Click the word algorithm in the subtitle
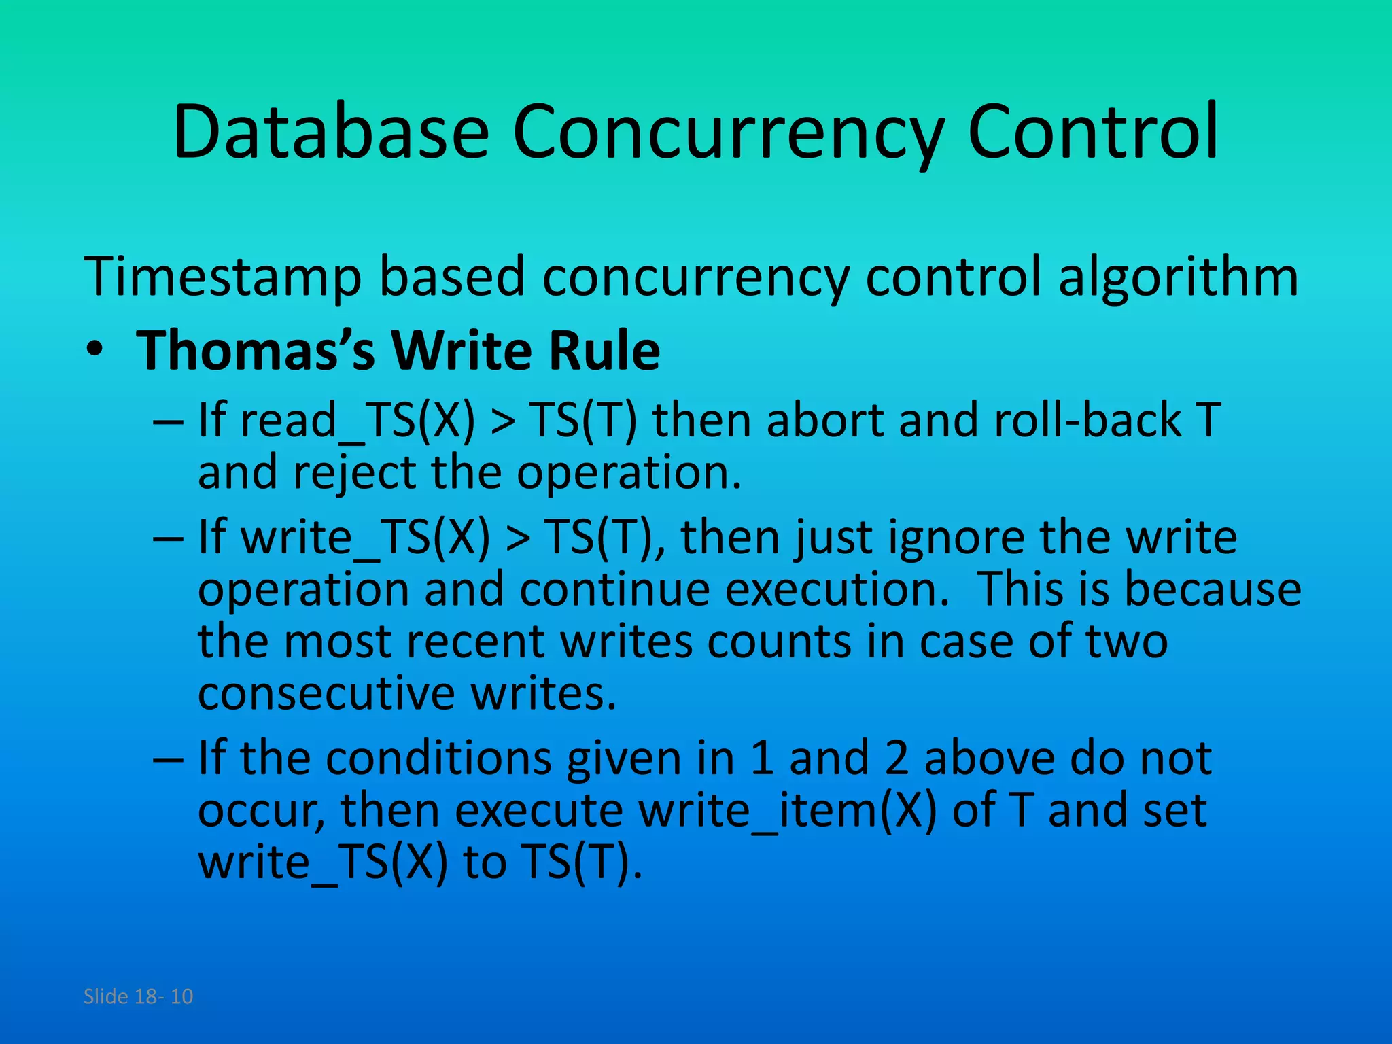[x=1178, y=277]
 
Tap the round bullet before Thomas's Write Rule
[x=94, y=349]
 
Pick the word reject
[x=354, y=473]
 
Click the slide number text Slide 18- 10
[x=138, y=996]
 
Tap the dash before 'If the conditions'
[x=168, y=759]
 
